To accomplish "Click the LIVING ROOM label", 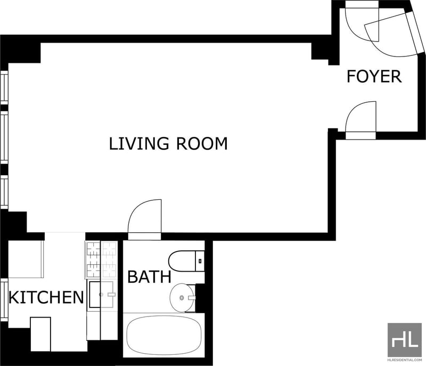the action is (x=168, y=143).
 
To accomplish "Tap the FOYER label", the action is (x=374, y=76).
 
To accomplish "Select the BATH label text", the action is (x=149, y=276).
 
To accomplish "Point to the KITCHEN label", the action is (x=46, y=297).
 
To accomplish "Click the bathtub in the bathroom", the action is (x=164, y=335).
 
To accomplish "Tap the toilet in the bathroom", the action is (x=186, y=261).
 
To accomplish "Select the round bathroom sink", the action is (x=182, y=298).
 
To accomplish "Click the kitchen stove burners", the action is (x=101, y=260).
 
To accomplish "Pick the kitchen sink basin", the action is (x=102, y=295).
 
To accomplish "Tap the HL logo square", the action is (x=405, y=340).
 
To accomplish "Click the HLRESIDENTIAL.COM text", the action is (x=405, y=360).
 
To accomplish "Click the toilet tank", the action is (x=200, y=261).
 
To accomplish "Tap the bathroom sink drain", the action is (x=182, y=298).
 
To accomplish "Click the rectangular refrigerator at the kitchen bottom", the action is (x=40, y=334).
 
